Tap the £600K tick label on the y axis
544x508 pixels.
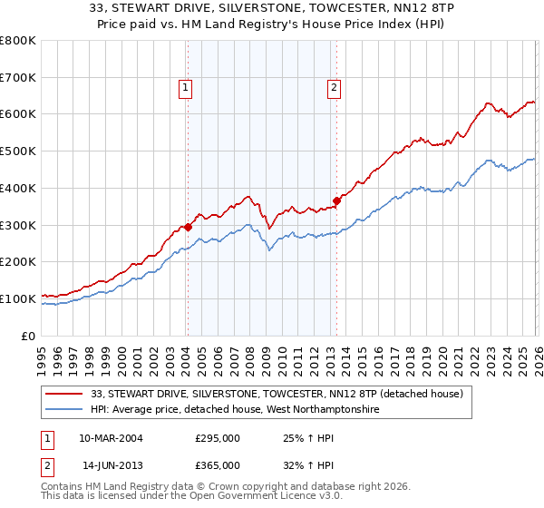click(x=18, y=114)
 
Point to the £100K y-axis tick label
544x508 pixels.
click(x=18, y=298)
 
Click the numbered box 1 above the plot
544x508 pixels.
click(x=185, y=88)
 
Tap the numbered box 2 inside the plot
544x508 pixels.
click(x=334, y=88)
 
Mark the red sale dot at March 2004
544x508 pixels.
click(x=188, y=227)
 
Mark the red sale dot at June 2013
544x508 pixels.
click(x=336, y=200)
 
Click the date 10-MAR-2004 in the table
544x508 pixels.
click(x=111, y=438)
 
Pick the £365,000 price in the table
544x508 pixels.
click(x=217, y=464)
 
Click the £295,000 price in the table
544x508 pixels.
click(x=217, y=438)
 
